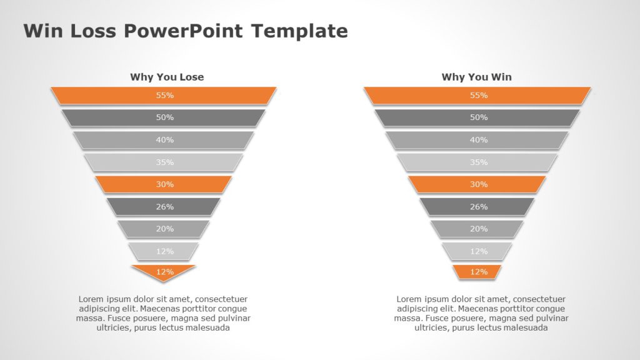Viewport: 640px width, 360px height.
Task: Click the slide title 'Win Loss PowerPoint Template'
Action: (x=185, y=31)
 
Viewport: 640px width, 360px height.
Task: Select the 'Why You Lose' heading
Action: (x=167, y=77)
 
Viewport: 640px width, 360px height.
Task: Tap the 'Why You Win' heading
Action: (x=476, y=77)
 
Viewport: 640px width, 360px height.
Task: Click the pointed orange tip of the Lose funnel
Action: (x=164, y=273)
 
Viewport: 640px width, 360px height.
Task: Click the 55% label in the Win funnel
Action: (x=479, y=96)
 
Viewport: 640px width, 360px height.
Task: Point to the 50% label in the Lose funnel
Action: (x=165, y=117)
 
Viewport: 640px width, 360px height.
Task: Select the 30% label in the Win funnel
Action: (x=479, y=184)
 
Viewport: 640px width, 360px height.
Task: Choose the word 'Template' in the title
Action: (x=299, y=31)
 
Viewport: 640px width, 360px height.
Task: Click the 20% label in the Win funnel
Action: (x=479, y=229)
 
